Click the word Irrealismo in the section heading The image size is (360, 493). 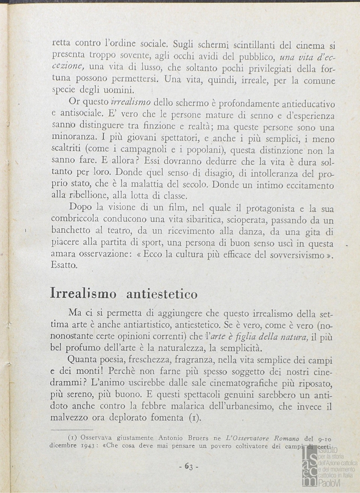coord(83,294)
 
